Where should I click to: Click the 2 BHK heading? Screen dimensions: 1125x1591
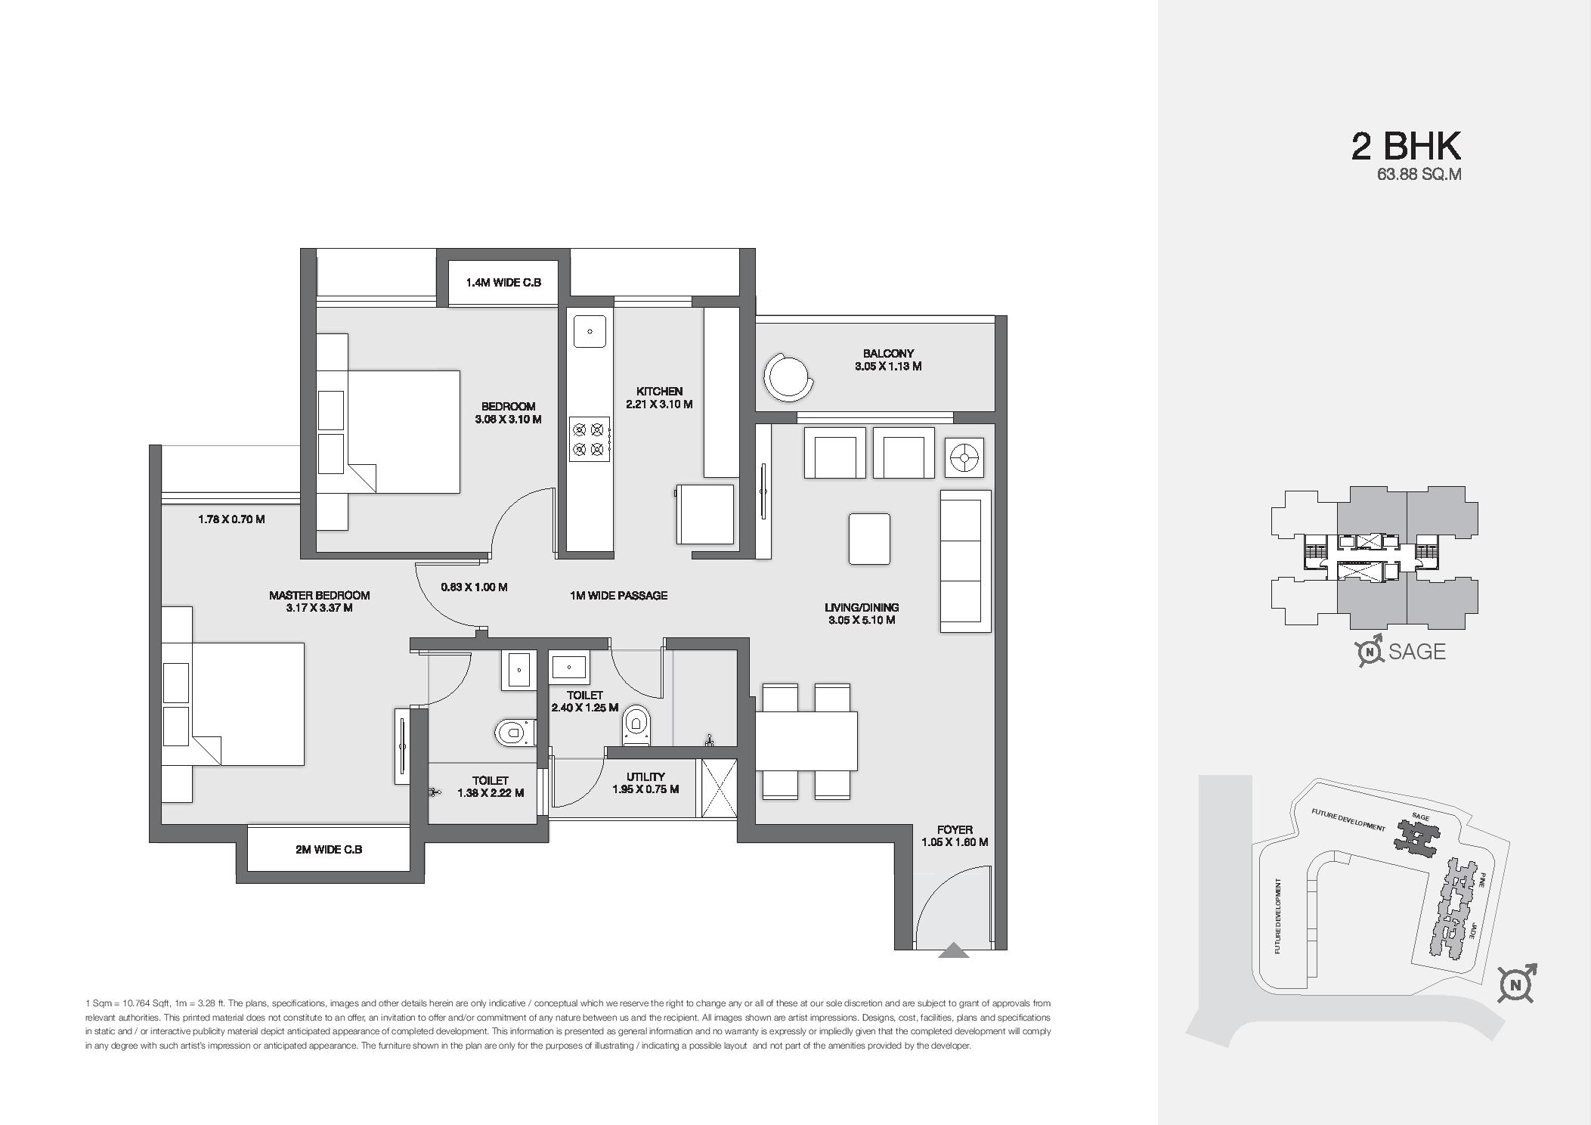(1406, 146)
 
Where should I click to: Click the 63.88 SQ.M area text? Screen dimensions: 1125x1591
(1419, 175)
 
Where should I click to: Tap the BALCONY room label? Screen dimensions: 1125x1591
(888, 353)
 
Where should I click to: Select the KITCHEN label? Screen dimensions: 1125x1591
(659, 391)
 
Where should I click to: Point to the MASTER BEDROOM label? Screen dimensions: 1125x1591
(319, 595)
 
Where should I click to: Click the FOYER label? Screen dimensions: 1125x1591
(954, 829)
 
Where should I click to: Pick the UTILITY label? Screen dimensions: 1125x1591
(645, 776)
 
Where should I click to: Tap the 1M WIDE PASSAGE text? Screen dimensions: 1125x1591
(618, 596)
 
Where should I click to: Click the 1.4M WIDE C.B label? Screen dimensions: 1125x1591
(503, 283)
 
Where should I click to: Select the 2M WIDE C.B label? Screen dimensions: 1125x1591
(329, 849)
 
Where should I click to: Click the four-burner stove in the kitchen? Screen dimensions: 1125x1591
(590, 439)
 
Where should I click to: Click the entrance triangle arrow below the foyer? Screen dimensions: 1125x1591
(953, 950)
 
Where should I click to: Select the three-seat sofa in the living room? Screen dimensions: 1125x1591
(965, 560)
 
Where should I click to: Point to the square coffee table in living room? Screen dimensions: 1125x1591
(869, 538)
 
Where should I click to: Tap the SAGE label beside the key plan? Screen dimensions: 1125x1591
(1416, 652)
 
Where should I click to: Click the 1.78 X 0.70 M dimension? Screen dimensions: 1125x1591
(231, 519)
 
